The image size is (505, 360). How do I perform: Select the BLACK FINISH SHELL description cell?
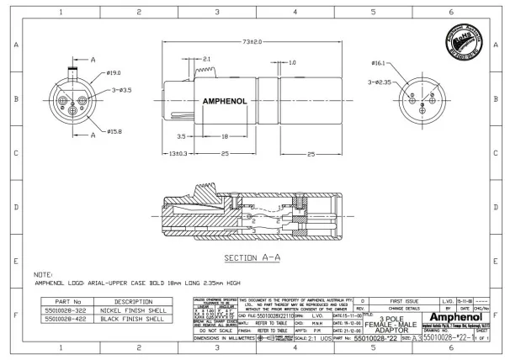pos(134,319)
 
